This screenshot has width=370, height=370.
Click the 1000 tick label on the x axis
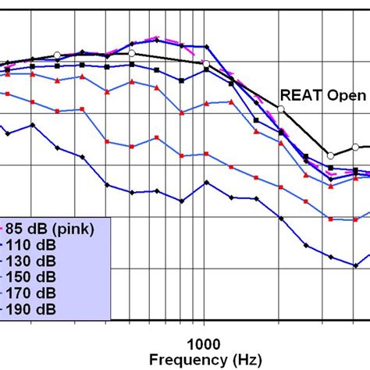point(205,343)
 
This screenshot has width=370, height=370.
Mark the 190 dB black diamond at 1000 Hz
point(206,183)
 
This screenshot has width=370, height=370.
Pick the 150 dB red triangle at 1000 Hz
point(206,98)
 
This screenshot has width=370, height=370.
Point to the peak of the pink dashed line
point(158,37)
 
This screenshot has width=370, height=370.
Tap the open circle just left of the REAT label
point(280,109)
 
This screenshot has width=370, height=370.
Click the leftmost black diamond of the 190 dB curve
point(7,133)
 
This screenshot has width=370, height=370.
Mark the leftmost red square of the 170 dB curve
point(7,93)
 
